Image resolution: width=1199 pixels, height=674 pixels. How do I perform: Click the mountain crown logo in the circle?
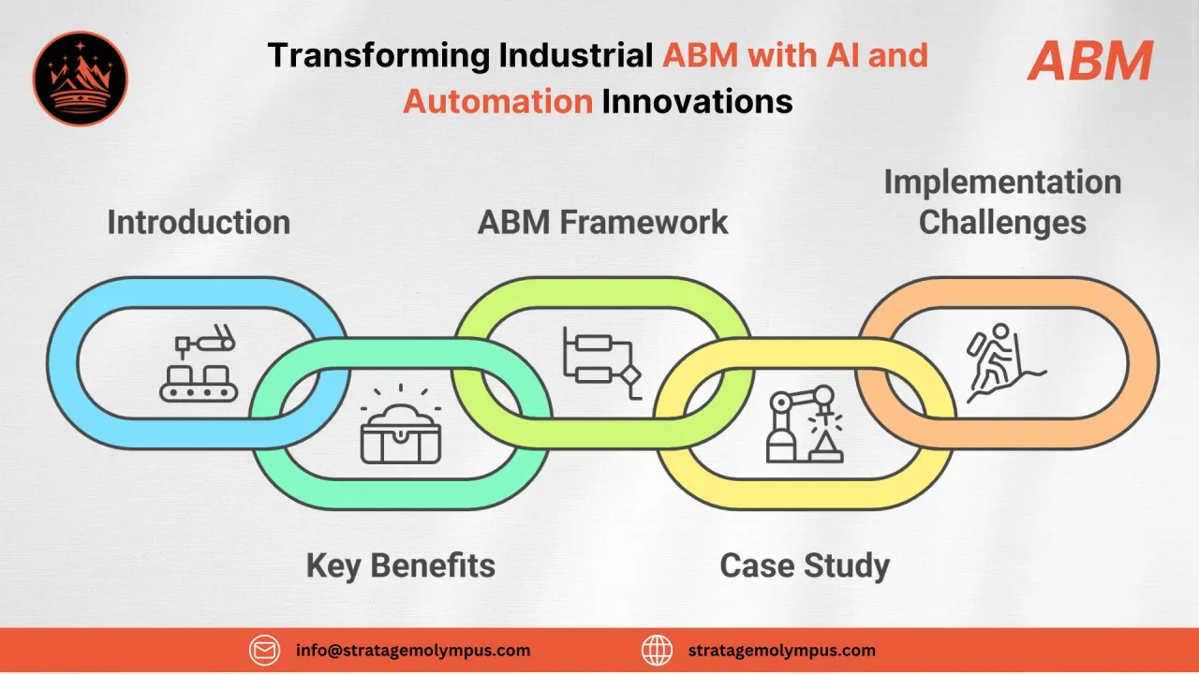80,79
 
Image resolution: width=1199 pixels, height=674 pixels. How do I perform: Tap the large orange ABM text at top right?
1089,62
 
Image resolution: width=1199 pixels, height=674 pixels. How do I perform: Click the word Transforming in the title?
378,55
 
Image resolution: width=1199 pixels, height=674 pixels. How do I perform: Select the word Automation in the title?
497,100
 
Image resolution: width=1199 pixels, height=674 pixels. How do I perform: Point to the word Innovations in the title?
697,100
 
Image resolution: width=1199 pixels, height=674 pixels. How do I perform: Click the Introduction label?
199,223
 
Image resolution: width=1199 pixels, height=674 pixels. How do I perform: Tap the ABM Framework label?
602,223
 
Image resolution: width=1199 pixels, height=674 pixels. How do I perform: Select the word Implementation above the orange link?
1002,182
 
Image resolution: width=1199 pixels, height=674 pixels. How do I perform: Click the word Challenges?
1002,223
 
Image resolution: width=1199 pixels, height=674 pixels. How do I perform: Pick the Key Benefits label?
400,565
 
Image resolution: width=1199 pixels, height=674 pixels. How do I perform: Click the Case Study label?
804,565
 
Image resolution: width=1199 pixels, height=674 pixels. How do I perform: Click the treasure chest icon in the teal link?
400,433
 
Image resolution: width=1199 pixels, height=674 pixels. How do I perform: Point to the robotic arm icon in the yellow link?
804,426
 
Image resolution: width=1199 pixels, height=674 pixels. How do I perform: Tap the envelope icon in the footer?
264,650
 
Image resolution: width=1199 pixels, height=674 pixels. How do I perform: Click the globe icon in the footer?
657,650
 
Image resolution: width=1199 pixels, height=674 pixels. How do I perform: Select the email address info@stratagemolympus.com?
412,650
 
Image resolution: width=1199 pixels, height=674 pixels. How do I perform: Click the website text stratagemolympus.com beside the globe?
781,650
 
